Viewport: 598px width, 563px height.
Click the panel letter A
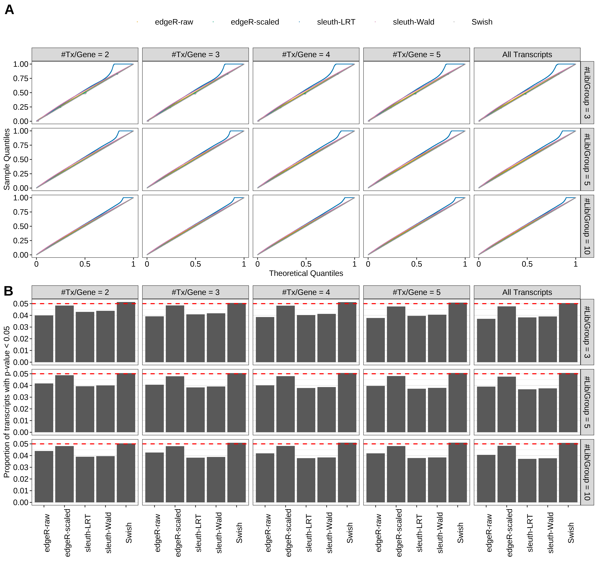(9, 10)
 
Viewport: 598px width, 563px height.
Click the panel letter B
(8, 291)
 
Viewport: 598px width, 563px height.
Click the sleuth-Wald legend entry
(413, 22)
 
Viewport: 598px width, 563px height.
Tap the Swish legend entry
(482, 22)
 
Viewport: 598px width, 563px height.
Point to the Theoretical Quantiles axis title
(306, 273)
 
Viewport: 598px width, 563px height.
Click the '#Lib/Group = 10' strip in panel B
(587, 472)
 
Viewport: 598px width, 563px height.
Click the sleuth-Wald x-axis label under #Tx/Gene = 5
(440, 533)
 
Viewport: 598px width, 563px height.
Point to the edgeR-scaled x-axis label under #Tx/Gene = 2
(67, 533)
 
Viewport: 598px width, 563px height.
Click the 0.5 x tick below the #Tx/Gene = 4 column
(306, 264)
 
